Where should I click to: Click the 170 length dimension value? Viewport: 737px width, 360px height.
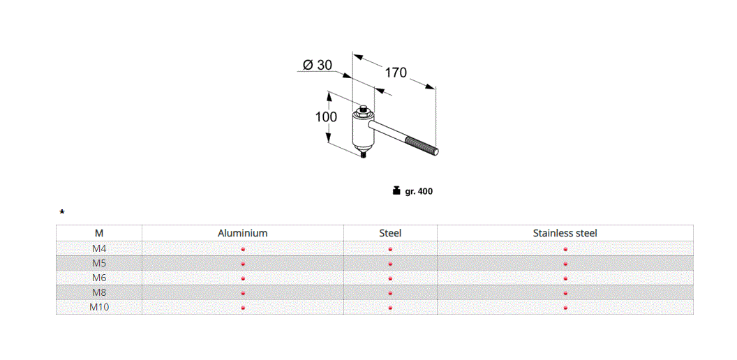click(x=395, y=72)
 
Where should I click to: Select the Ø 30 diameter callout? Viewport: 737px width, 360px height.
click(x=318, y=65)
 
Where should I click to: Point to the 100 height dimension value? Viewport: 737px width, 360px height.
click(x=326, y=117)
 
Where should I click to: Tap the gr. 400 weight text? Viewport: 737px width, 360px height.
click(x=419, y=191)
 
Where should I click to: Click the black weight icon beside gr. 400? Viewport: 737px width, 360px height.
click(x=396, y=190)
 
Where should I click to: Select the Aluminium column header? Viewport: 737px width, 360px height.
click(x=242, y=233)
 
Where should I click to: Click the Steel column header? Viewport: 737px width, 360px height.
click(x=390, y=233)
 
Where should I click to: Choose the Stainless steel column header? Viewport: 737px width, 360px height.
click(x=565, y=233)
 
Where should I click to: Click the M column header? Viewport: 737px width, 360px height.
click(x=98, y=233)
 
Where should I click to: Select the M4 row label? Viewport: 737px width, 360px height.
click(x=98, y=248)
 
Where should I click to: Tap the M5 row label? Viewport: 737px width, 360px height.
click(x=98, y=263)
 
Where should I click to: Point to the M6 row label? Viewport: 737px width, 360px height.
click(x=98, y=278)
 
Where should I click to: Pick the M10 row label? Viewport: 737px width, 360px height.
click(x=98, y=307)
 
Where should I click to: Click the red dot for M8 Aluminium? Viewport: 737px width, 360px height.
click(x=243, y=293)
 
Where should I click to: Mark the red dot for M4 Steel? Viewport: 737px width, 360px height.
click(x=390, y=249)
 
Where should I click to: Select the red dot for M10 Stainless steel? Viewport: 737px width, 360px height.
click(x=565, y=308)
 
